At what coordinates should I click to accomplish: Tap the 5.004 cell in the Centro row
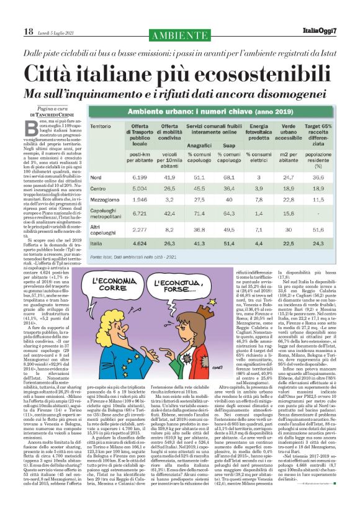144,187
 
